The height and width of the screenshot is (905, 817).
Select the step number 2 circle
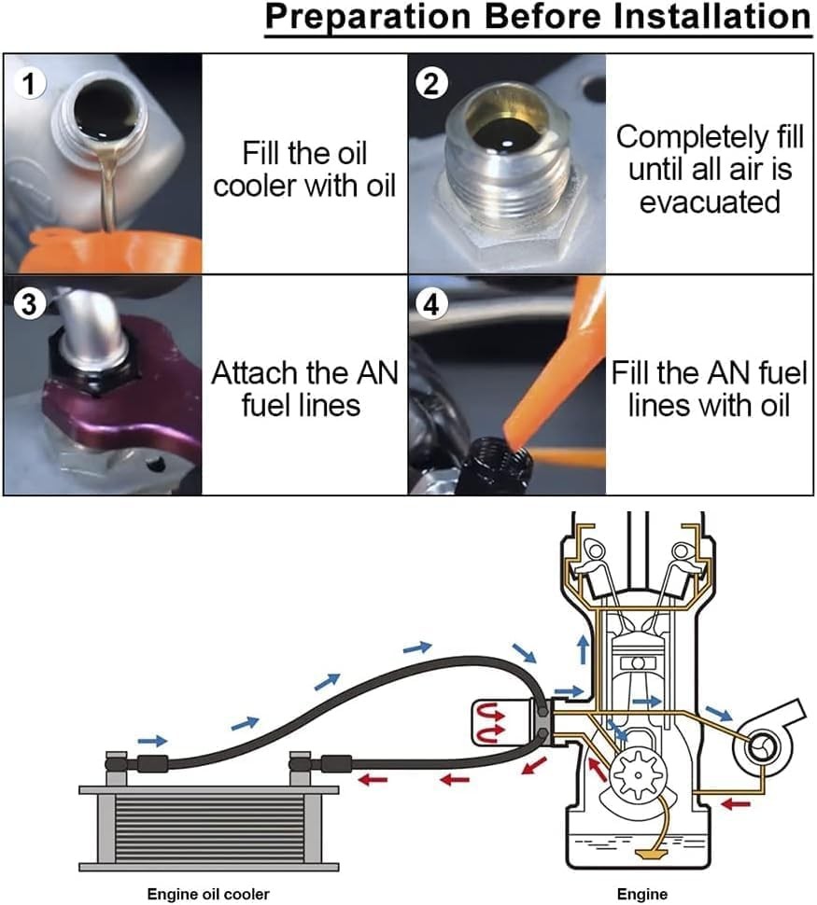(x=430, y=84)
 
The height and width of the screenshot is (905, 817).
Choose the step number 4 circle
(x=430, y=305)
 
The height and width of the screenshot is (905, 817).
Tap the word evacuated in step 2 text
(x=710, y=202)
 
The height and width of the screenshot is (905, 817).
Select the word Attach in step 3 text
(x=254, y=374)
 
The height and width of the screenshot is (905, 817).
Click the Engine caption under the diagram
(x=643, y=893)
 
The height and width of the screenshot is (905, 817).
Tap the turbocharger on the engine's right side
(x=761, y=745)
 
